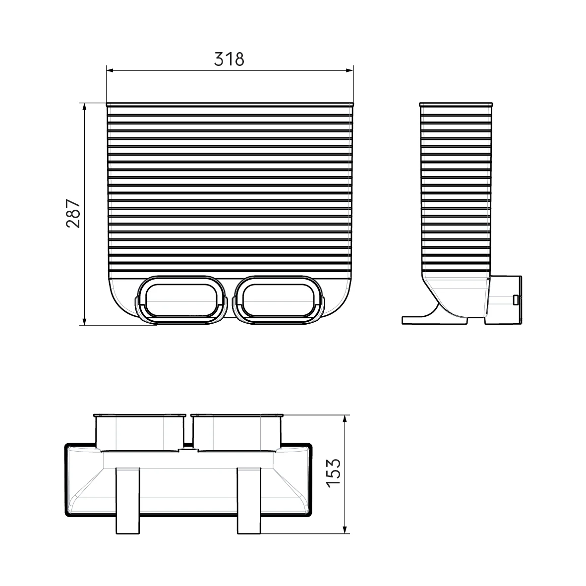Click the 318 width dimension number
tap(229, 59)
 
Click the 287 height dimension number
tap(73, 214)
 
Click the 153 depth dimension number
tap(334, 473)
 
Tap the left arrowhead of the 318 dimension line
tap(110, 70)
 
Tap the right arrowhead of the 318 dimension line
tap(350, 70)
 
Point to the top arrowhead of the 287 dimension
tap(84, 107)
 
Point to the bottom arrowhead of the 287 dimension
tap(84, 321)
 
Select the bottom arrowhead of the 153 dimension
tap(345, 529)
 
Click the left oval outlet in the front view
tap(181, 300)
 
